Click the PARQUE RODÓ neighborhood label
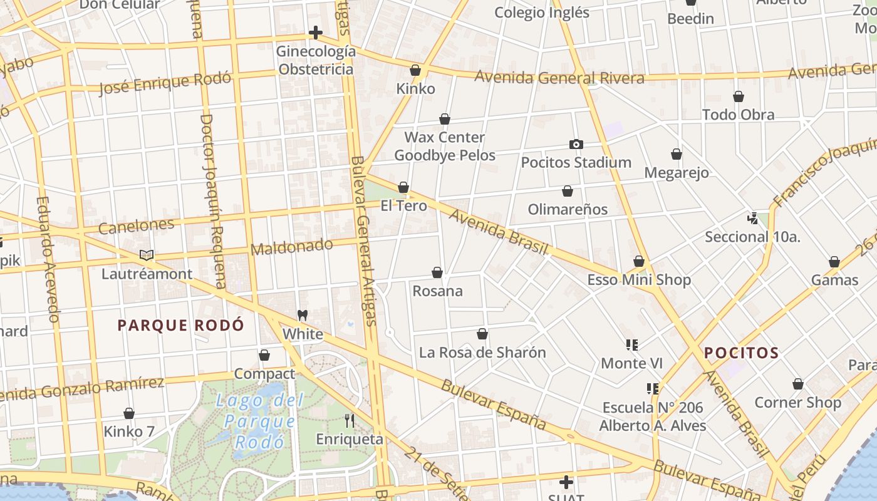pyautogui.click(x=181, y=325)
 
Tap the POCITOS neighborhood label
pyautogui.click(x=741, y=353)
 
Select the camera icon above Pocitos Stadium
pyautogui.click(x=576, y=144)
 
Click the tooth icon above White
pyautogui.click(x=303, y=315)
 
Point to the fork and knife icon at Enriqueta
pyautogui.click(x=350, y=421)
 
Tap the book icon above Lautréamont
pyautogui.click(x=147, y=255)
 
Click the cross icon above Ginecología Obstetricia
pyautogui.click(x=316, y=33)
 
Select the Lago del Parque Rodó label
pyautogui.click(x=259, y=421)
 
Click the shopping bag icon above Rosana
pyautogui.click(x=437, y=272)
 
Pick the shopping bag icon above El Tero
pyautogui.click(x=403, y=187)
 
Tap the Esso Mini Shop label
pyautogui.click(x=639, y=280)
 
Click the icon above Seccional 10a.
pyautogui.click(x=753, y=219)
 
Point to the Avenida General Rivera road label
pyautogui.click(x=559, y=78)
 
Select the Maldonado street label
pyautogui.click(x=291, y=246)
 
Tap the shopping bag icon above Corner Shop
pyautogui.click(x=797, y=384)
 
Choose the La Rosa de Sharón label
pyautogui.click(x=482, y=353)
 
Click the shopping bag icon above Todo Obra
pyautogui.click(x=739, y=96)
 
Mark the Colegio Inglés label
pyautogui.click(x=542, y=13)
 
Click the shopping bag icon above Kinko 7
pyautogui.click(x=129, y=413)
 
